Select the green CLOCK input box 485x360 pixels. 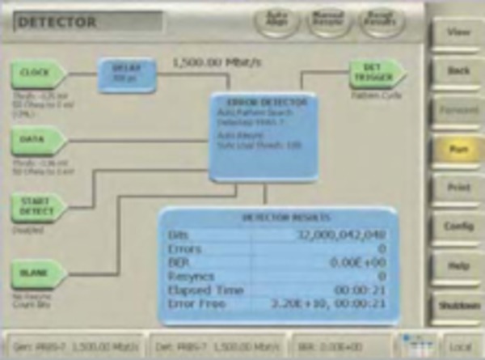37,74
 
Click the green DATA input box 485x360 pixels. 37,140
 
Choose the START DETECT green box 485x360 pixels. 37,207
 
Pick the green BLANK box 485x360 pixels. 37,273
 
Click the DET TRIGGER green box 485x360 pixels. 375,74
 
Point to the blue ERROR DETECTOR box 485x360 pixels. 264,136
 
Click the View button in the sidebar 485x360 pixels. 458,34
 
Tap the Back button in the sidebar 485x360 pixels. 458,71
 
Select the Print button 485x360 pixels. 458,188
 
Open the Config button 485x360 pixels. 458,227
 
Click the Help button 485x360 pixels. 458,265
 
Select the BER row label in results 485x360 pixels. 177,262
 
